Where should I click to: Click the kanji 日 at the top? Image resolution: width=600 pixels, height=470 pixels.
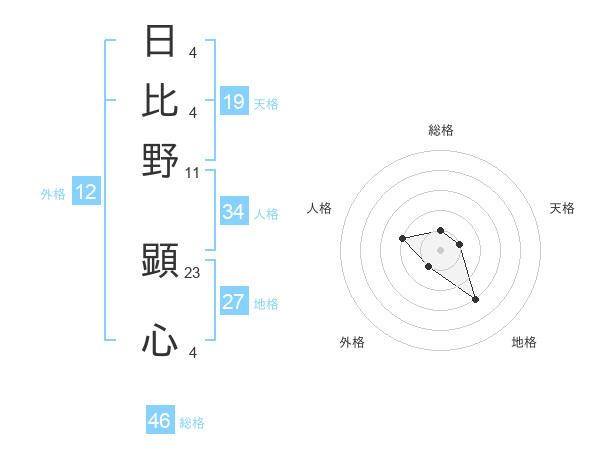pos(160,41)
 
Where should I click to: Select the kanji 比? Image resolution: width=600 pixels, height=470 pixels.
pos(160,100)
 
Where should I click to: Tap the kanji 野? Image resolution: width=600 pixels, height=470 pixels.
pos(160,160)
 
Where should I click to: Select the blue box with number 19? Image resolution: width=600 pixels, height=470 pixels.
pos(234,102)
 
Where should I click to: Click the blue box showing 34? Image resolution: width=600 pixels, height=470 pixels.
pos(234,212)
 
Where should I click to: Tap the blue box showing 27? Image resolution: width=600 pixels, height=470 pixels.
pos(234,303)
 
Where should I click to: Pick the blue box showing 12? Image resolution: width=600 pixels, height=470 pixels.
pos(86,193)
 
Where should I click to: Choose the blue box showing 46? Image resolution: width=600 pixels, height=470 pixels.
pos(160,421)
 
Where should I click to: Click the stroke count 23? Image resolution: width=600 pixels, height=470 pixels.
pos(193,272)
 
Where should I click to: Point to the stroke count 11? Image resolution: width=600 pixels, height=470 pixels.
pos(193,172)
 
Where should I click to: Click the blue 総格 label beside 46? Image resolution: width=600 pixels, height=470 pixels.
pos(192,423)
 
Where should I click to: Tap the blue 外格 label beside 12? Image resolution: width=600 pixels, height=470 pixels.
pos(53,194)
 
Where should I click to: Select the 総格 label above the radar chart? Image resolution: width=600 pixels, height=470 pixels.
pos(441,130)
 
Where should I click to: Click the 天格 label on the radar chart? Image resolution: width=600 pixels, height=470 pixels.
pos(562,208)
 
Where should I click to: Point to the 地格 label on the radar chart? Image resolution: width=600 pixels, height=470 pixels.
pos(524,343)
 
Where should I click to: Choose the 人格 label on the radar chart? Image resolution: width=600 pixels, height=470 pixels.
pos(320,208)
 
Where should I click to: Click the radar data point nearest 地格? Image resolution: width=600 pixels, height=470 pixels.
pos(475,299)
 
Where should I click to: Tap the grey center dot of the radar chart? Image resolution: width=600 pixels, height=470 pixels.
pos(441,250)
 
